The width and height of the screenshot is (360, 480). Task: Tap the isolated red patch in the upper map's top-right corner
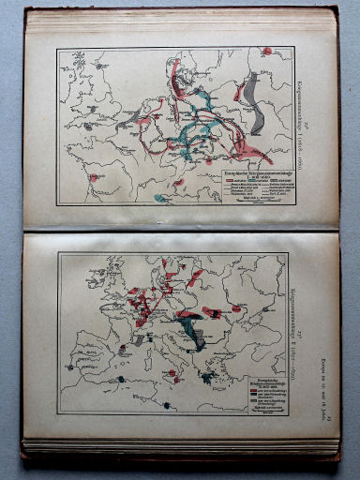267,51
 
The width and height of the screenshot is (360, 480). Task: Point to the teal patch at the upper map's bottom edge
161,198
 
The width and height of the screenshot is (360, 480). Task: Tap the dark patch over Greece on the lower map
205,378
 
